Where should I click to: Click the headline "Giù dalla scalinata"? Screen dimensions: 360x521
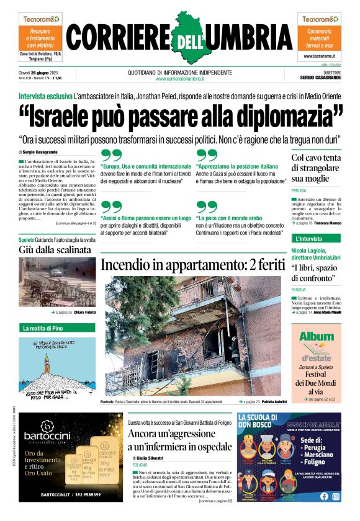(x=55, y=250)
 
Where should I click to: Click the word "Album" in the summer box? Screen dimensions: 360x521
(x=317, y=336)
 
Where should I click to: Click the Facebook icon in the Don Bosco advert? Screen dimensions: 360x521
(x=324, y=496)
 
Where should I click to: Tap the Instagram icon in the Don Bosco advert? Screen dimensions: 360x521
(x=336, y=496)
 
